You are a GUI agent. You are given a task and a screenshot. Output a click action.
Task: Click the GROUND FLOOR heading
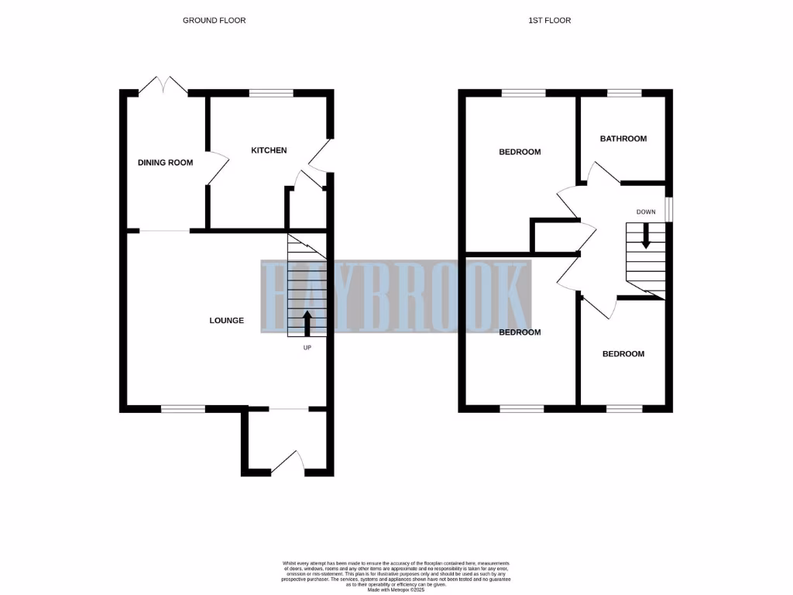tap(214, 20)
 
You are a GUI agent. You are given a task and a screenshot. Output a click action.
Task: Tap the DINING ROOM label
tap(165, 163)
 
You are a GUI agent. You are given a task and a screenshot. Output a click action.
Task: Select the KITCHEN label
tap(269, 150)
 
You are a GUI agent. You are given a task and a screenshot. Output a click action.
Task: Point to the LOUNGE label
tap(227, 320)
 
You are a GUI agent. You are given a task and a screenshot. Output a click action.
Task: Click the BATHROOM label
tap(623, 139)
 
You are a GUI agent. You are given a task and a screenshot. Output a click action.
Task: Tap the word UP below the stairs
tap(307, 348)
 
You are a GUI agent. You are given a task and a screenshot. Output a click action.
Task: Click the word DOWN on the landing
tap(646, 212)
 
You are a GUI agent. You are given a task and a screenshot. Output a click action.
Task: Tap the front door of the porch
tap(288, 462)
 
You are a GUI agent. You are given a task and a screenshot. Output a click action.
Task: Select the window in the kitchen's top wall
tap(271, 93)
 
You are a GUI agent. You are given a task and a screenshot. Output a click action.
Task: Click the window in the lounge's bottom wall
tap(183, 408)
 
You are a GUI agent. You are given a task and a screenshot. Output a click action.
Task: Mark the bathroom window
tap(623, 93)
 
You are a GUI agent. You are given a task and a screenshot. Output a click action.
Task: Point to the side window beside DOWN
tap(669, 209)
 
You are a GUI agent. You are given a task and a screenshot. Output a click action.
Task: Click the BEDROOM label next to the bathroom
tap(520, 152)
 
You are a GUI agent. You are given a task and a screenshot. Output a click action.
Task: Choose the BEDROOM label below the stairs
tap(623, 354)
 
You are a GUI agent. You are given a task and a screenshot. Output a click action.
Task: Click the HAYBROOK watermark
tap(395, 297)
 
